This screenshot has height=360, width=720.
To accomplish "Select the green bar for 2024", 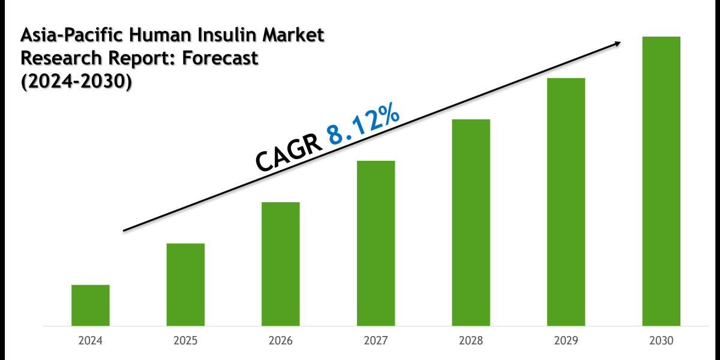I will tap(90, 305).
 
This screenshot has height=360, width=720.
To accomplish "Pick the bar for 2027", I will tap(376, 243).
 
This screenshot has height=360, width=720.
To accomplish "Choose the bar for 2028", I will tap(471, 223).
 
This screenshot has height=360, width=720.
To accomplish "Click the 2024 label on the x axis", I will tap(90, 341).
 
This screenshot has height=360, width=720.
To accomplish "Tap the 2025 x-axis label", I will tap(185, 341).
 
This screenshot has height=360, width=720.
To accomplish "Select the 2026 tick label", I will tap(281, 341).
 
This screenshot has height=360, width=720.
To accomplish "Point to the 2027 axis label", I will tap(376, 341).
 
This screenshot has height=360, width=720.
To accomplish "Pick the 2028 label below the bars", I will tap(471, 341).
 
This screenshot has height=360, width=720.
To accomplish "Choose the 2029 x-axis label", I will tap(566, 341).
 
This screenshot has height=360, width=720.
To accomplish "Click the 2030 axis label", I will tap(661, 341).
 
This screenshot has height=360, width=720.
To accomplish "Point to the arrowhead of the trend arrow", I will tap(617, 43).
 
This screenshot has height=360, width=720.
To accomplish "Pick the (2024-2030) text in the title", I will tap(76, 82).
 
